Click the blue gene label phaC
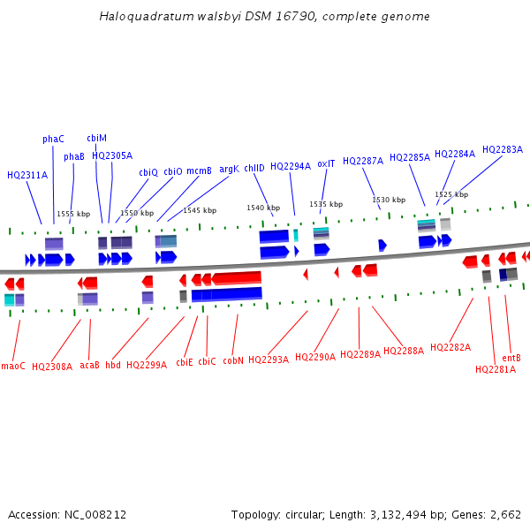53,139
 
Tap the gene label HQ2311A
27,175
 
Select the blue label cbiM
96,138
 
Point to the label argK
229,169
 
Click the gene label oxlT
326,163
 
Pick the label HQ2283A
502,149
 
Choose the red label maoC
13,366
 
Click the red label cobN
233,360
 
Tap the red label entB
511,358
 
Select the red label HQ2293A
269,360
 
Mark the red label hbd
113,364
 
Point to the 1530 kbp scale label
389,200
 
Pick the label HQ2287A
363,161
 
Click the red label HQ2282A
450,347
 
